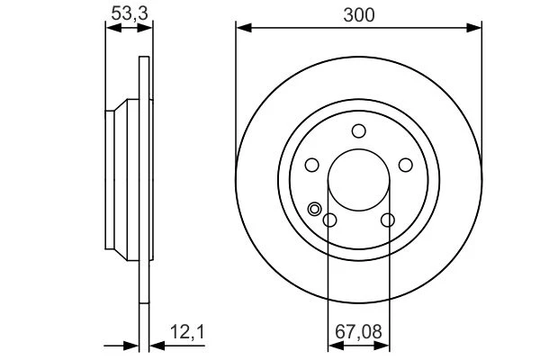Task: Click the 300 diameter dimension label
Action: tap(358, 15)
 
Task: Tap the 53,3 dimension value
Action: tap(130, 13)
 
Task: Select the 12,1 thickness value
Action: tap(187, 332)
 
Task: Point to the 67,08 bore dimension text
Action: tap(358, 332)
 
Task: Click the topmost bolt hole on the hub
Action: tap(358, 130)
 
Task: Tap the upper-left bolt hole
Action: tap(312, 165)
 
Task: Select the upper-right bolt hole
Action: tap(405, 165)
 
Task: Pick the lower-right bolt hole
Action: tap(388, 220)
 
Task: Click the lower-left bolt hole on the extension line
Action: tap(329, 220)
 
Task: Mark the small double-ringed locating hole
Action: tap(314, 209)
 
